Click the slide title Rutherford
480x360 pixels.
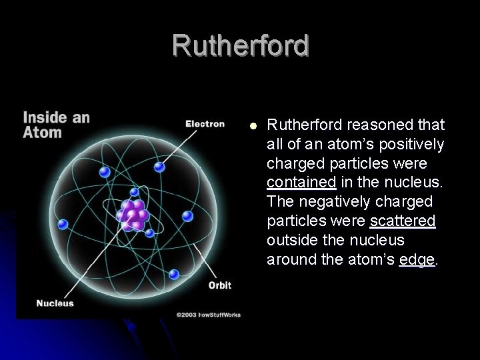coord(241,45)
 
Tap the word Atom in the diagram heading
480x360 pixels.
coord(43,132)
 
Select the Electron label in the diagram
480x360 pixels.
coord(205,123)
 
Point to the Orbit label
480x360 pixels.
coord(219,285)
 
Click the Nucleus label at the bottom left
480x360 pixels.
coord(55,303)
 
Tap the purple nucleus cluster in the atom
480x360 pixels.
coord(133,215)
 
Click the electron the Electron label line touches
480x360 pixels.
coord(159,167)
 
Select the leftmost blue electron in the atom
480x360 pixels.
coord(63,225)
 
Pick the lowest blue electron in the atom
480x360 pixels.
coord(174,274)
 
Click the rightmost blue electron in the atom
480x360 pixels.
coord(188,216)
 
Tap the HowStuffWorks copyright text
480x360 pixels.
coord(208,314)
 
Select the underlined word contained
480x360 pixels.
coord(301,183)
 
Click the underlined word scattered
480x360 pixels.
coord(403,221)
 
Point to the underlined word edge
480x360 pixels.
coord(417,259)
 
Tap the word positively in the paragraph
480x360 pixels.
coord(411,144)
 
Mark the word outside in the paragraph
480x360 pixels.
coord(291,240)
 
